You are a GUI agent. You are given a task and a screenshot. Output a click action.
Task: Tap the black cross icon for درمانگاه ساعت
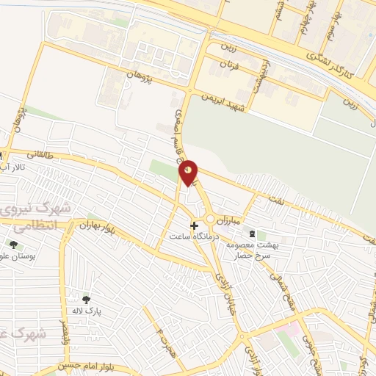pos(194,225)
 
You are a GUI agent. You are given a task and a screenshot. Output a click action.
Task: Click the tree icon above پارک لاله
pos(87,300)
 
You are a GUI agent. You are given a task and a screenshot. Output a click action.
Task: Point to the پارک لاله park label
pos(87,311)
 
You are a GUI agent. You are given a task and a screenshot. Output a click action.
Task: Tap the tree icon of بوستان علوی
pos(12,245)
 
